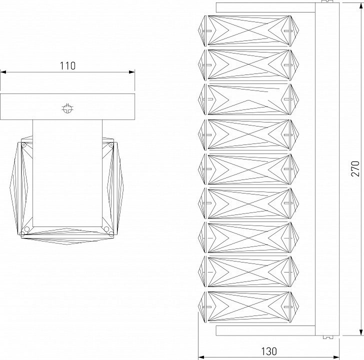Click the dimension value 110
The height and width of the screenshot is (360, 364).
click(67, 65)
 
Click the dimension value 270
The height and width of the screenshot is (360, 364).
click(355, 168)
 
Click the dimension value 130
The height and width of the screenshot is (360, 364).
click(269, 351)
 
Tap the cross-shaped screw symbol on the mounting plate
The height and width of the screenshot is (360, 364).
click(67, 108)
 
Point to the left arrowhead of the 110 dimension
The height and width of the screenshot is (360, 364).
click(3, 72)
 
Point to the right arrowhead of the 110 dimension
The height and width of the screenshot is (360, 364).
click(132, 72)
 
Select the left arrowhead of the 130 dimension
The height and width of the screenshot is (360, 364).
click(201, 357)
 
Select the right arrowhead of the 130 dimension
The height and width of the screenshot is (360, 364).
click(336, 357)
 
